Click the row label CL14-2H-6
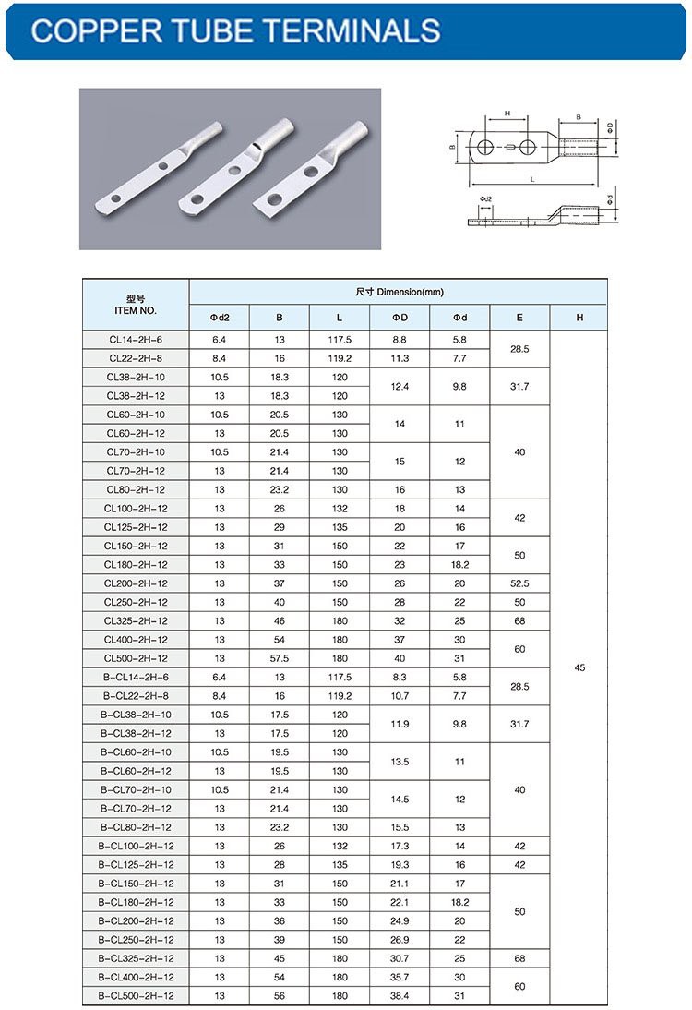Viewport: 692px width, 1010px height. click(136, 340)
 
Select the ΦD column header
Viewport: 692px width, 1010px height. click(400, 318)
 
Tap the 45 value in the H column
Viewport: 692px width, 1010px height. click(579, 667)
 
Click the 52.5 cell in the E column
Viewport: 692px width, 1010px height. click(519, 583)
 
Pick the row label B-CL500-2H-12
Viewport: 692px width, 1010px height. click(136, 996)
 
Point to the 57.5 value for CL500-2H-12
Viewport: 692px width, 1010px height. click(280, 658)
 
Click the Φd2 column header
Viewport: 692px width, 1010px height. click(220, 318)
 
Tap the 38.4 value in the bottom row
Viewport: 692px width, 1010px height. click(400, 996)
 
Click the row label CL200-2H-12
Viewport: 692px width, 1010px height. click(136, 583)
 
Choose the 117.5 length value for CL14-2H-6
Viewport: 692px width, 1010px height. click(340, 340)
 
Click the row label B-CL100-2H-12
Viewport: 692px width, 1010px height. click(136, 846)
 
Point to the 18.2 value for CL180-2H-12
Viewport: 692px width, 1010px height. click(459, 564)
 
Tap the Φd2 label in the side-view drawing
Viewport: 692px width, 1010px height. click(486, 199)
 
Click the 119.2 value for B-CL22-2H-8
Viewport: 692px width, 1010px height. click(340, 696)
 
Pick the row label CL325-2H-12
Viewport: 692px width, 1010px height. click(136, 620)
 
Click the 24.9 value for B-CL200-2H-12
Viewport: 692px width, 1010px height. click(400, 920)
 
